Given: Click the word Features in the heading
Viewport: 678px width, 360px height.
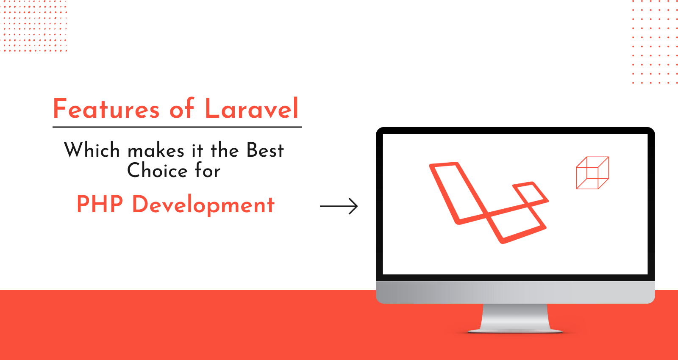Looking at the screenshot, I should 106,109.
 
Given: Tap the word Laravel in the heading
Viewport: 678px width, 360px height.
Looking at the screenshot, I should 252,109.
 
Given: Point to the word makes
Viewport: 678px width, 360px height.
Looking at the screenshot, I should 156,151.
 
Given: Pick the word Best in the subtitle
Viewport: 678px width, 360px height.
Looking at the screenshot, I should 265,150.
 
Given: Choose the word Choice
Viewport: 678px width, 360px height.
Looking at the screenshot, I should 157,171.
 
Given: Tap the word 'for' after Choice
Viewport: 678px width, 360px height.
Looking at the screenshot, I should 208,171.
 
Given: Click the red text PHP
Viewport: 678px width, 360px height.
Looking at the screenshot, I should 100,204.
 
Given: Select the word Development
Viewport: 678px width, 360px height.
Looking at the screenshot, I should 203,205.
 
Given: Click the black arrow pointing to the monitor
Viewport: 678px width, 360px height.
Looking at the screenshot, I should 339,206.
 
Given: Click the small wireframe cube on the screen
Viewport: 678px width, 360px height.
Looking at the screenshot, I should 592,173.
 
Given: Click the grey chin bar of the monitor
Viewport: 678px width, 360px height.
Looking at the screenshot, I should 515,292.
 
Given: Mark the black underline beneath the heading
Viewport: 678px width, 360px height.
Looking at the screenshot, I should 177,127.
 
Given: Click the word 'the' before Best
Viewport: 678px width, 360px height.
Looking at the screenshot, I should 225,150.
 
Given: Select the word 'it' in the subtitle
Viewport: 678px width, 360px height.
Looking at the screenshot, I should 197,150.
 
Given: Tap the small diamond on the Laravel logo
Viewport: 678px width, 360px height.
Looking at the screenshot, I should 530,194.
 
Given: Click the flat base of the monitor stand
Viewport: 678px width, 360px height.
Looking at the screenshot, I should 515,331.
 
